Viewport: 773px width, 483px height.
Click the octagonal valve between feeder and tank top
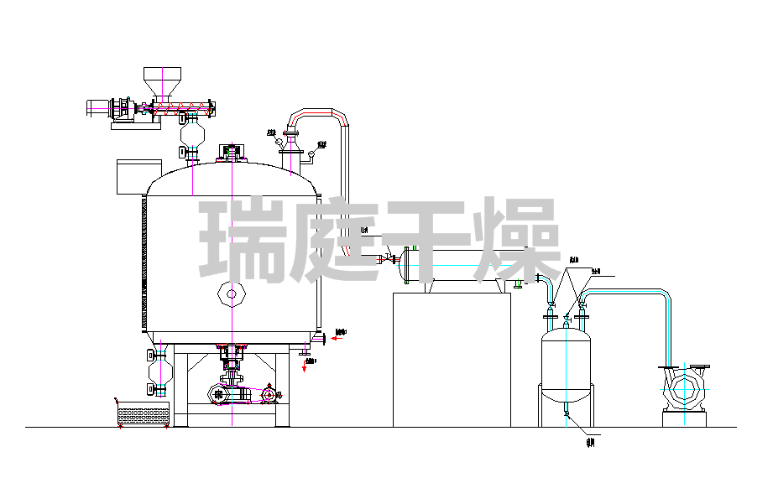pyautogui.click(x=193, y=133)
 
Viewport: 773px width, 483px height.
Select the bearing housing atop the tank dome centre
pyautogui.click(x=230, y=152)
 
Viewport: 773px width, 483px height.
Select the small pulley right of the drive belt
pyautogui.click(x=269, y=394)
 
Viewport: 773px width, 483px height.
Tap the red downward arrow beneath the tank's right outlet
pyautogui.click(x=305, y=365)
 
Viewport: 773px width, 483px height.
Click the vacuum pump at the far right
pyautogui.click(x=686, y=389)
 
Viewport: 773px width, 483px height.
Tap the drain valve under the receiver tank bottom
pyautogui.click(x=567, y=412)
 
